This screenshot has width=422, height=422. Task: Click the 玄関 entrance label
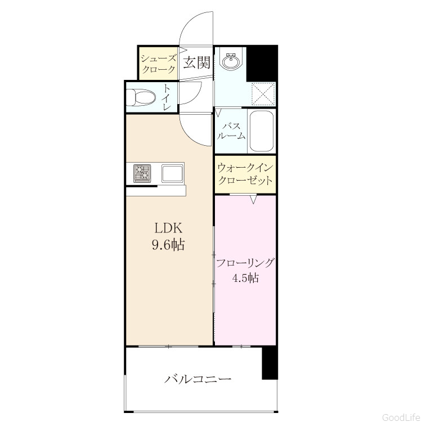pos(197,62)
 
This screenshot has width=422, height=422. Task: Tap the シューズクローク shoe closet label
pos(159,64)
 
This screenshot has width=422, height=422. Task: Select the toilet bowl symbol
pos(141,97)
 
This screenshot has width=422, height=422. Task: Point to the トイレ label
pos(167,97)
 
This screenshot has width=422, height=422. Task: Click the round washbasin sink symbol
pos(230,61)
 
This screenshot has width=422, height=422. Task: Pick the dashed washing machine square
pos(263,93)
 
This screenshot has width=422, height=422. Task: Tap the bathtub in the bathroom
pos(262,131)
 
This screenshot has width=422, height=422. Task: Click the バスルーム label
pos(231,131)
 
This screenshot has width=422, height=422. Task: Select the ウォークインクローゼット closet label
pos(245,174)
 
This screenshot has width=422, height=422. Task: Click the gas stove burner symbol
pos(142,174)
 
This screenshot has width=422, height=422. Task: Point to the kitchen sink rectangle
pos(172,173)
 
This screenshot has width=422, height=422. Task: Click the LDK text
pos(168,228)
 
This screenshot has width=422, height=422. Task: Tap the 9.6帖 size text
pos(168,245)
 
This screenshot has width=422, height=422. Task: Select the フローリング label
pos(245,263)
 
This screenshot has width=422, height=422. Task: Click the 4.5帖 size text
pos(245,278)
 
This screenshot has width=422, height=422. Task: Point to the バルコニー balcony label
pos(198,379)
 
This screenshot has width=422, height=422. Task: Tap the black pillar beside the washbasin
pos(262,63)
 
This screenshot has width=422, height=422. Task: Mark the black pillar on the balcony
pos(270,363)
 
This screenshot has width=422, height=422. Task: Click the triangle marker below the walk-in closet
pos(253,199)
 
